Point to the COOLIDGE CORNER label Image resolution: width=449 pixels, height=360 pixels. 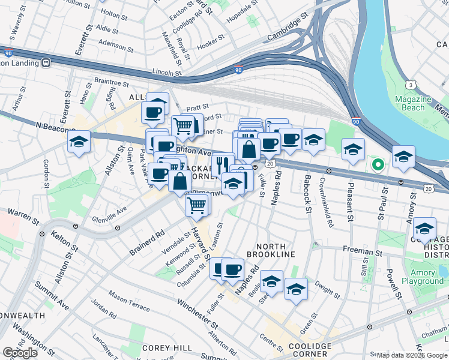click(x=309, y=350)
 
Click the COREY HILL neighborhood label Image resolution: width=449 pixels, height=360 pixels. click(x=166, y=348)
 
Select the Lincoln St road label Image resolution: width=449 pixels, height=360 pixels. click(x=167, y=72)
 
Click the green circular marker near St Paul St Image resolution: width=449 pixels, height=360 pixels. click(x=378, y=164)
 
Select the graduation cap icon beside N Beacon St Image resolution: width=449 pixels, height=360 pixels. click(x=79, y=142)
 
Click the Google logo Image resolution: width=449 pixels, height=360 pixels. click(x=20, y=353)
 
